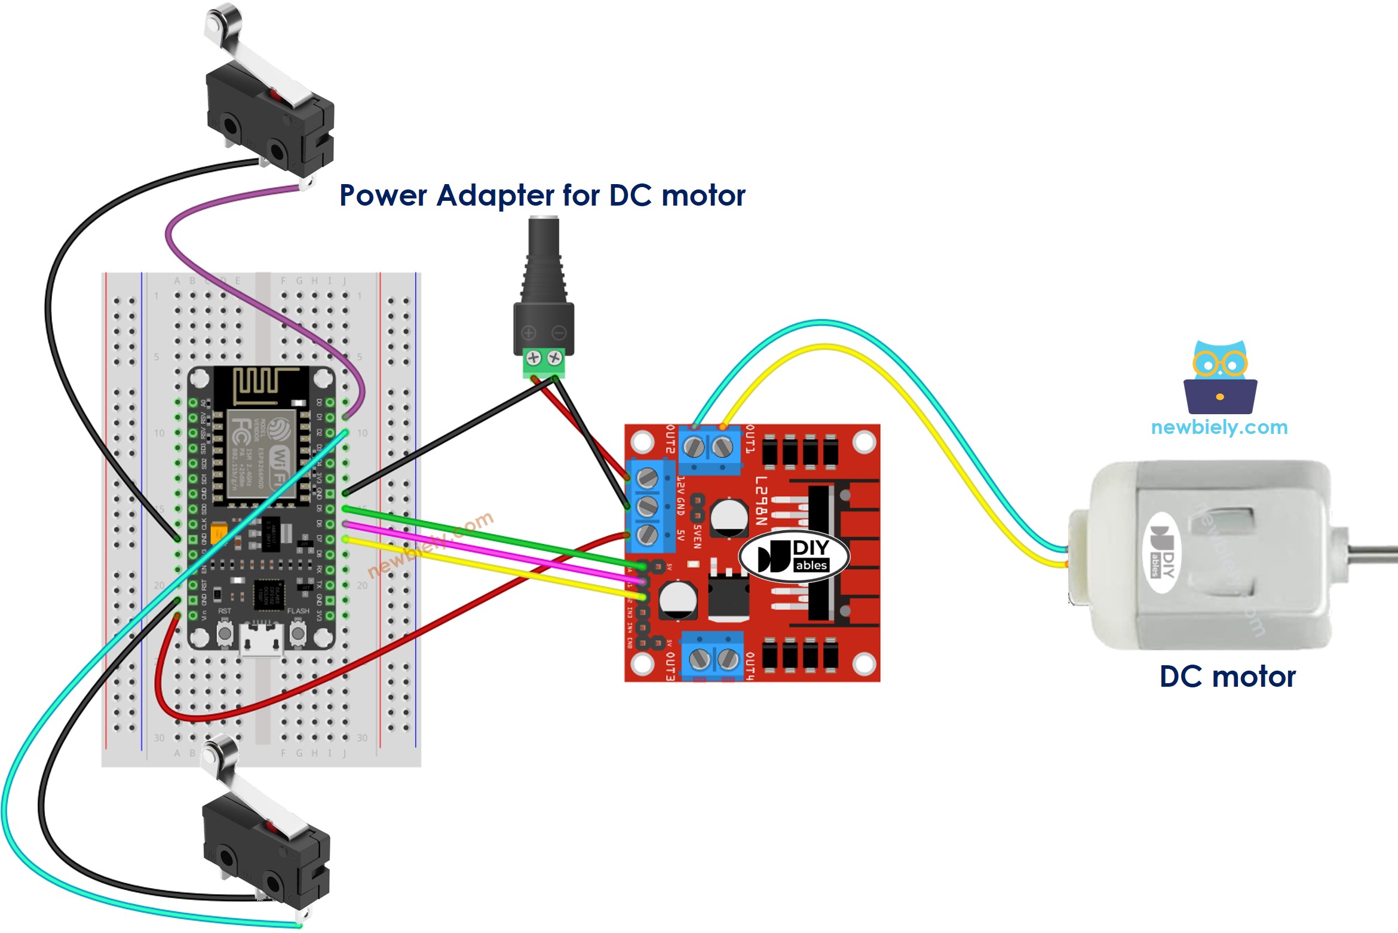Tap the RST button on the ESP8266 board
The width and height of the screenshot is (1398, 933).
click(225, 634)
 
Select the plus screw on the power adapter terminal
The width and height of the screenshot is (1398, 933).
click(534, 358)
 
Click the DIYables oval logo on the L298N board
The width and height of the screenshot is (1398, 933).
click(794, 556)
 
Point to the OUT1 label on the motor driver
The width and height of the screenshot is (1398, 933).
click(750, 439)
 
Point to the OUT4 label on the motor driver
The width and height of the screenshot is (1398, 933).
click(750, 666)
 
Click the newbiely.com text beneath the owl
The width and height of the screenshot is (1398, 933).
click(1219, 427)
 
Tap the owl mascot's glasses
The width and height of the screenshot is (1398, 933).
click(1219, 363)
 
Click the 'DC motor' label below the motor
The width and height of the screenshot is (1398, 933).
click(1227, 677)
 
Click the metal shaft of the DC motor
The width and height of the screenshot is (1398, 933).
click(1374, 554)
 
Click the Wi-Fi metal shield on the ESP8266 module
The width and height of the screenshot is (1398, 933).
click(261, 454)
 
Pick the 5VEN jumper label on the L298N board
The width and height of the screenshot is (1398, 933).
click(697, 537)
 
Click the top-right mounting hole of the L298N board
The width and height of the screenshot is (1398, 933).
click(863, 442)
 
